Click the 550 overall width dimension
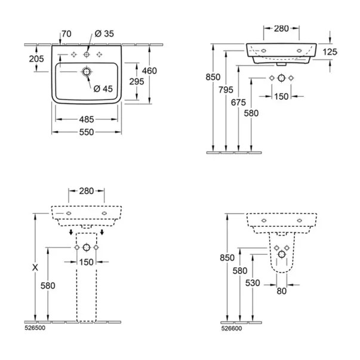click(87, 132)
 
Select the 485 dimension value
click(87, 119)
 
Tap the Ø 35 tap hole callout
click(104, 34)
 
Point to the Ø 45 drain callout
click(103, 88)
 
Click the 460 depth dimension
click(149, 71)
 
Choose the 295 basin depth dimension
click(137, 82)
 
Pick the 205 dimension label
click(36, 59)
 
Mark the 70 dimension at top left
click(67, 34)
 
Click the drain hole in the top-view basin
click(87, 72)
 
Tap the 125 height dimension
click(330, 52)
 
